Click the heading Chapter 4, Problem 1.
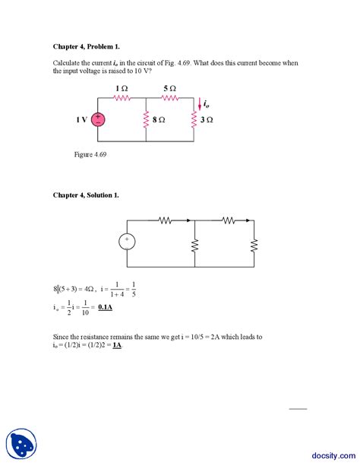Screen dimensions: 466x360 (x=85, y=46)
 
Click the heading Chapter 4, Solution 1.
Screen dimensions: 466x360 (x=86, y=195)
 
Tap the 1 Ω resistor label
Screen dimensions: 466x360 (x=122, y=89)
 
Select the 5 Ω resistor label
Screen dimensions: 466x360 (x=169, y=89)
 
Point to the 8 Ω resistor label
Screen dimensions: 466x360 (x=158, y=120)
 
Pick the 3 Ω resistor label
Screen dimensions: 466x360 (x=207, y=120)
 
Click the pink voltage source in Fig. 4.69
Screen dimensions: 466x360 (x=99, y=120)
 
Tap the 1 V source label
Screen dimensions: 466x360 (x=81, y=120)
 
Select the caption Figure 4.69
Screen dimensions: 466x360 (x=90, y=154)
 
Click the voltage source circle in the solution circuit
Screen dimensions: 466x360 (x=127, y=242)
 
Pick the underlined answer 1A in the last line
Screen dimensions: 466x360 (x=117, y=345)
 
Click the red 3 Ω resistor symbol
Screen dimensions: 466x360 (x=194, y=122)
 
